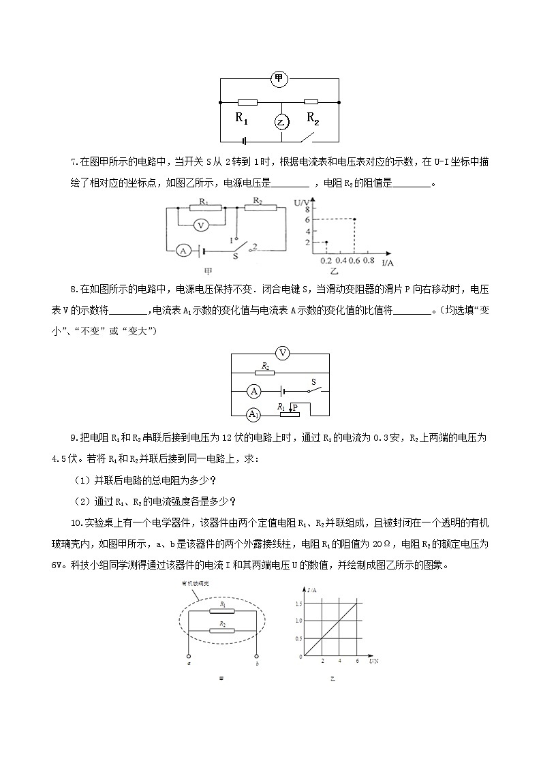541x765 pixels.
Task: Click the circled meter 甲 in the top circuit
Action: click(x=279, y=79)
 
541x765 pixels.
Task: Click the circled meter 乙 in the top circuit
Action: click(x=281, y=122)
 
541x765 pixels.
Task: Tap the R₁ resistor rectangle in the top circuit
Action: click(x=247, y=102)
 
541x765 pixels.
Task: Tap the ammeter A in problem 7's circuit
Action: click(x=183, y=251)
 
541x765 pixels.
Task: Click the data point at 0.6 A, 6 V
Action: click(x=354, y=219)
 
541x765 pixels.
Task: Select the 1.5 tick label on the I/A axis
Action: click(x=298, y=604)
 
